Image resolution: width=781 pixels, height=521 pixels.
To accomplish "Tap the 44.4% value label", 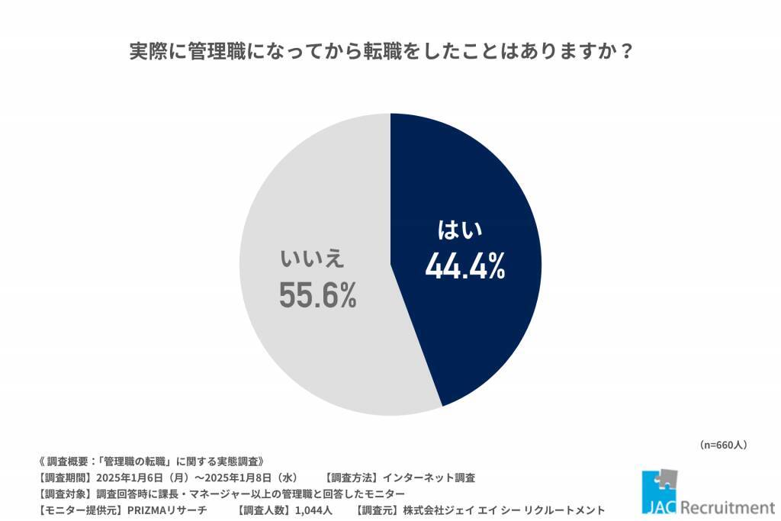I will pyautogui.click(x=464, y=266).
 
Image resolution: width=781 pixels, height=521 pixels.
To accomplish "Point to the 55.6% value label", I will pyautogui.click(x=317, y=295).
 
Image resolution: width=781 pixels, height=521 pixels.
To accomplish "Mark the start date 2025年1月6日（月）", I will pyautogui.click(x=140, y=478).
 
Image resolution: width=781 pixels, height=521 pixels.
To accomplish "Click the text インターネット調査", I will pyautogui.click(x=429, y=478).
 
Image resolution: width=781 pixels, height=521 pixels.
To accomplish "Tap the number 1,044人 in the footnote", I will pyautogui.click(x=310, y=510).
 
